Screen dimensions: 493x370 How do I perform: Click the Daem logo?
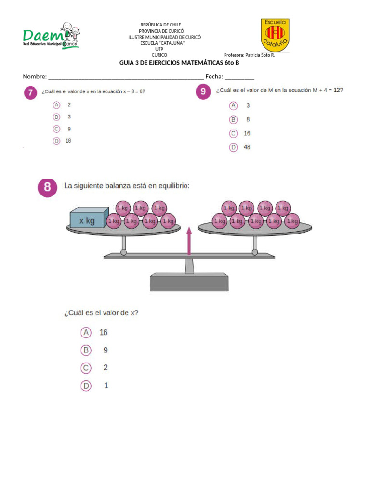(51, 36)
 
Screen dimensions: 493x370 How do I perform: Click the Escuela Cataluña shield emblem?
(275, 35)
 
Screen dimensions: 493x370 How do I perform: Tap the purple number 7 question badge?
(31, 93)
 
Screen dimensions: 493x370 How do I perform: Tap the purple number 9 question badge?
(203, 91)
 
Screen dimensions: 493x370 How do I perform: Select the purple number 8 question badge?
(47, 187)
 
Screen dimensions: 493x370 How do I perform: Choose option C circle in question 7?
(56, 129)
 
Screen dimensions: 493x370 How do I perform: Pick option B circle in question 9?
(234, 119)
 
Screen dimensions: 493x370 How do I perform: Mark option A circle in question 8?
(86, 333)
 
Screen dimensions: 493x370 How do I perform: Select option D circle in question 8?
(86, 386)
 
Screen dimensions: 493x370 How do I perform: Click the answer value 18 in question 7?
(68, 141)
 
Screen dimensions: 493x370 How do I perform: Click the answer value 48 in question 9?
(247, 147)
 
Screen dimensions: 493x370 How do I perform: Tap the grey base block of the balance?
(188, 282)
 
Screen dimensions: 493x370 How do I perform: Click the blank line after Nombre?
(125, 77)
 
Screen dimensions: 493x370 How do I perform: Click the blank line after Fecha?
(239, 77)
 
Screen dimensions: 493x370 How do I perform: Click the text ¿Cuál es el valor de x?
(102, 313)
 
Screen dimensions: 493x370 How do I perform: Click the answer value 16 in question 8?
(104, 333)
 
